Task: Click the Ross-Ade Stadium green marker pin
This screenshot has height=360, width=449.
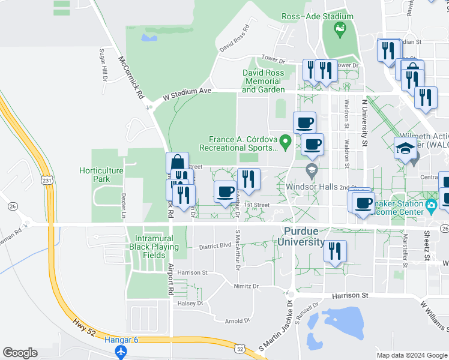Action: (341, 27)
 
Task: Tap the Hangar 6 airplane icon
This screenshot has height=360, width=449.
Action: (122, 350)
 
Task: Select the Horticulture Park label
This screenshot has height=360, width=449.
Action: (101, 175)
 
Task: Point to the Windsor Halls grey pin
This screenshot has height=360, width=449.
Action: (311, 171)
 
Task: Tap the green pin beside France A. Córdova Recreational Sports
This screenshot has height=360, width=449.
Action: (286, 142)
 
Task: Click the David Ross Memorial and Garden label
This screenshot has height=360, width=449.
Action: (263, 81)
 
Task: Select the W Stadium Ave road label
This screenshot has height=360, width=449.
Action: (188, 94)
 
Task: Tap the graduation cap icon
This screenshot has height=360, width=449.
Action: (405, 149)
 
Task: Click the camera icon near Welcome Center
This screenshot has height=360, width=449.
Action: (431, 206)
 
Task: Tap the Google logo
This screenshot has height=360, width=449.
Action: (20, 353)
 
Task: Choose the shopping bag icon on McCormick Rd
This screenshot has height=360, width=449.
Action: (178, 163)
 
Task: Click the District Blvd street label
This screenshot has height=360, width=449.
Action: (215, 245)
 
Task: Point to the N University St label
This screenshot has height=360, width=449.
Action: (363, 123)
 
